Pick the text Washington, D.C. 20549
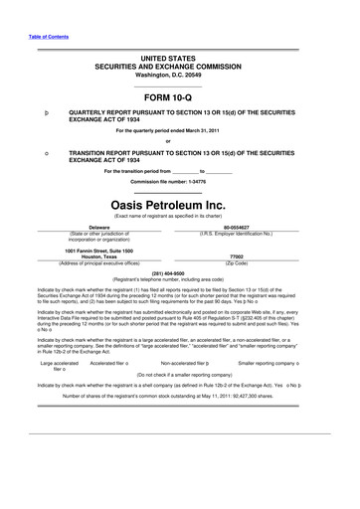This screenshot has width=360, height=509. (x=179, y=76)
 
